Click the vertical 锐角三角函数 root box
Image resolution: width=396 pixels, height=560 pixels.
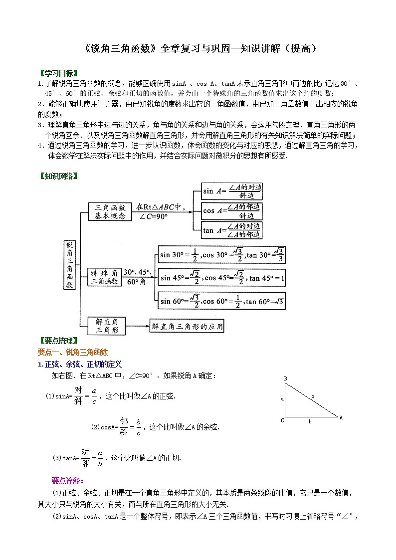click(x=70, y=265)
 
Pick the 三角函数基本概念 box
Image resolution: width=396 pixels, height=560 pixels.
click(x=110, y=211)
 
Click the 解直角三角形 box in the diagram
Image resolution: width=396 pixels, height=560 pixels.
click(x=106, y=326)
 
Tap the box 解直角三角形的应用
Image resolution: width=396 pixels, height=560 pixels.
click(x=187, y=327)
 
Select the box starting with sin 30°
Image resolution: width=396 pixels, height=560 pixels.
click(x=221, y=254)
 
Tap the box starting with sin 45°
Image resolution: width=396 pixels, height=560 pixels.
click(x=221, y=278)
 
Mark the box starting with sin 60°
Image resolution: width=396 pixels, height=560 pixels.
click(x=221, y=301)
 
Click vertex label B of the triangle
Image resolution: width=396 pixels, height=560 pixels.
click(x=285, y=379)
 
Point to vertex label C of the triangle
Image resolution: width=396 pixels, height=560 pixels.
click(x=282, y=420)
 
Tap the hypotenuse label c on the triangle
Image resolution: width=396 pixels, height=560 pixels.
click(x=313, y=396)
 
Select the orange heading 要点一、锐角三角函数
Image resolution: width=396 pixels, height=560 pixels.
click(x=73, y=352)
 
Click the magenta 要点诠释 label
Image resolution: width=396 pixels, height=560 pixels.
click(x=67, y=481)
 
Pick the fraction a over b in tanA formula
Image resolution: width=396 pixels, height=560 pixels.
click(x=100, y=458)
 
